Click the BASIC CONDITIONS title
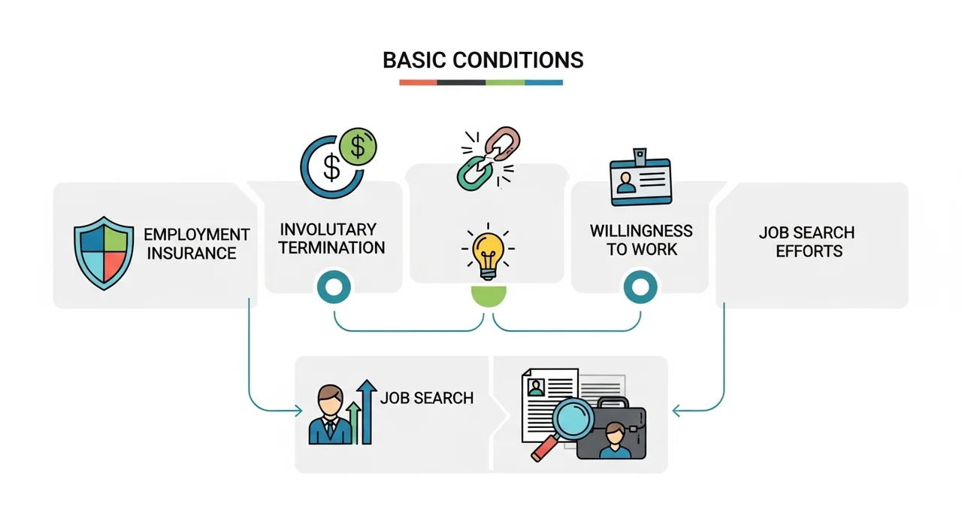tap(483, 60)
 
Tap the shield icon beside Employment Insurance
tap(104, 253)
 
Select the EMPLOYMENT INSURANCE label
tap(196, 244)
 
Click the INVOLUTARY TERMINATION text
tap(331, 238)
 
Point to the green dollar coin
tap(358, 147)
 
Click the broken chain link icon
tap(489, 158)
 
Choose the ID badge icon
tap(640, 178)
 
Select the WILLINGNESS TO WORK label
tap(641, 240)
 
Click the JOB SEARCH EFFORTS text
tap(807, 242)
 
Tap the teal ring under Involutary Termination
tap(334, 287)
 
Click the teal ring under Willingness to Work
tap(640, 287)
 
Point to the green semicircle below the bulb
tap(489, 296)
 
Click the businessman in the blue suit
tap(330, 414)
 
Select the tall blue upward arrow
tap(366, 411)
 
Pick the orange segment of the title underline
tap(419, 83)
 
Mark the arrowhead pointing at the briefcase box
tap(676, 411)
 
